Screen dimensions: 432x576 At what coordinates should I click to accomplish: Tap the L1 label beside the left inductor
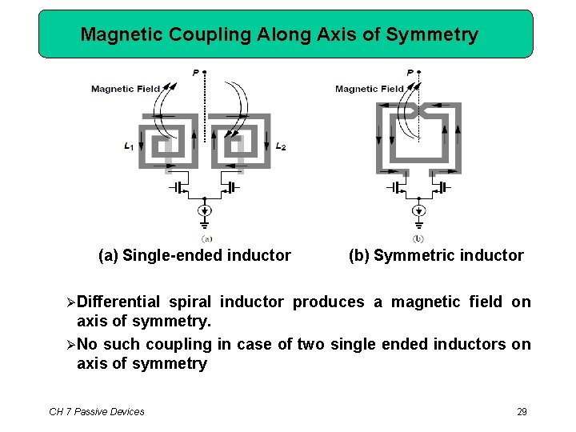click(x=129, y=146)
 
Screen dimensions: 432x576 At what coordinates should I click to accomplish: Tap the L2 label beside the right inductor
click(x=280, y=146)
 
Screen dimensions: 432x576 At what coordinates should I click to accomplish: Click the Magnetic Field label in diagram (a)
click(x=126, y=89)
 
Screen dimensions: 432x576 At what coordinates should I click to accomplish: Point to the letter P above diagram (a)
click(x=196, y=73)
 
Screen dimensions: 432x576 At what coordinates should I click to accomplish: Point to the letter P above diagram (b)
click(x=410, y=73)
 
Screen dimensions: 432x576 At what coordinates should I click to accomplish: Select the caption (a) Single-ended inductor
click(x=194, y=256)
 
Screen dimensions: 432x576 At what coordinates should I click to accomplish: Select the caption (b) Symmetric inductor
click(x=436, y=256)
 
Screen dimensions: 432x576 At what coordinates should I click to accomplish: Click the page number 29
click(x=522, y=412)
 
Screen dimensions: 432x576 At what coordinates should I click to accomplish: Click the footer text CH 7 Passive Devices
click(x=97, y=412)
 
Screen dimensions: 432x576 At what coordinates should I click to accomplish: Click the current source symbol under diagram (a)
click(x=206, y=211)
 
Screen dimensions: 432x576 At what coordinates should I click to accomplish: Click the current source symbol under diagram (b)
click(x=418, y=211)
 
